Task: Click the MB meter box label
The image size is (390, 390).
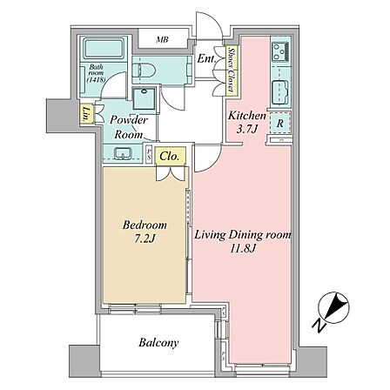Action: tap(162, 39)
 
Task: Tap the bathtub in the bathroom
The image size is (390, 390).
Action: tap(104, 48)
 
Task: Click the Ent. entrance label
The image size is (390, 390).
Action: tap(206, 59)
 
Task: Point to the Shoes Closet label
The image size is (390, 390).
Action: tap(232, 70)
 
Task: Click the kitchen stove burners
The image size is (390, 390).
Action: tap(280, 51)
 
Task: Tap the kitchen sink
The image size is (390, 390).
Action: tap(279, 90)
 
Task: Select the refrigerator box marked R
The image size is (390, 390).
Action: tap(279, 123)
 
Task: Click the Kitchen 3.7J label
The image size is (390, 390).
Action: tap(246, 122)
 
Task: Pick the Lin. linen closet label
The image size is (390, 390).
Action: tap(86, 114)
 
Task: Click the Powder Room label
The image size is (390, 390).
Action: tap(129, 127)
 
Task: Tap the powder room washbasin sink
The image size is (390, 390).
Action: tap(124, 153)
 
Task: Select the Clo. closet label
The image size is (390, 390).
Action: tap(169, 157)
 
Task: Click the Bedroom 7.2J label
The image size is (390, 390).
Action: tap(145, 232)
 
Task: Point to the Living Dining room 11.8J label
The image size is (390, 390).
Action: tap(242, 240)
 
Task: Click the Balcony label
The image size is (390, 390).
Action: tap(158, 343)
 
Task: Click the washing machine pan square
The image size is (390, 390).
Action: tap(144, 97)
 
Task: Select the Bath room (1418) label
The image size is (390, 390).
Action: tap(96, 73)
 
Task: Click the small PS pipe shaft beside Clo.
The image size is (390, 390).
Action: tap(149, 155)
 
